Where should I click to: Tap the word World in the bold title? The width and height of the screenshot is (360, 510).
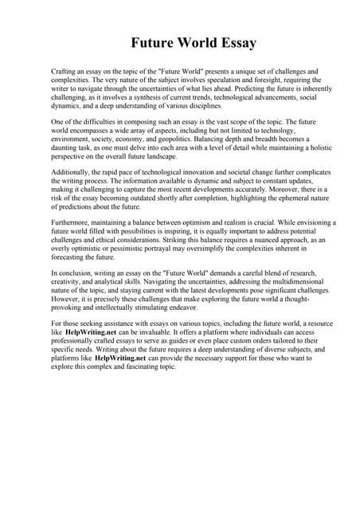186,43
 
